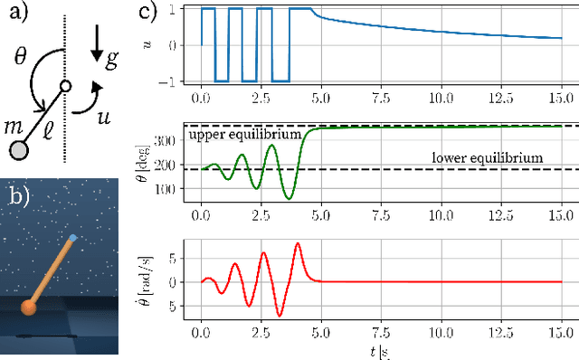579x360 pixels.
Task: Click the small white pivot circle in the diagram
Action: click(64, 87)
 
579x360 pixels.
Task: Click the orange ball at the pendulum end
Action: click(30, 308)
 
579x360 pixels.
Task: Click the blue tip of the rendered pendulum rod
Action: click(73, 239)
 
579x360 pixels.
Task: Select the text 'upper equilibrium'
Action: click(244, 135)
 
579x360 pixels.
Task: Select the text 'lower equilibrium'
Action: click(487, 157)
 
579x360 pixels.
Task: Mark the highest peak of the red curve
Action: click(298, 243)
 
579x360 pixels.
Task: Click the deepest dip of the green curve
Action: click(289, 198)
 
